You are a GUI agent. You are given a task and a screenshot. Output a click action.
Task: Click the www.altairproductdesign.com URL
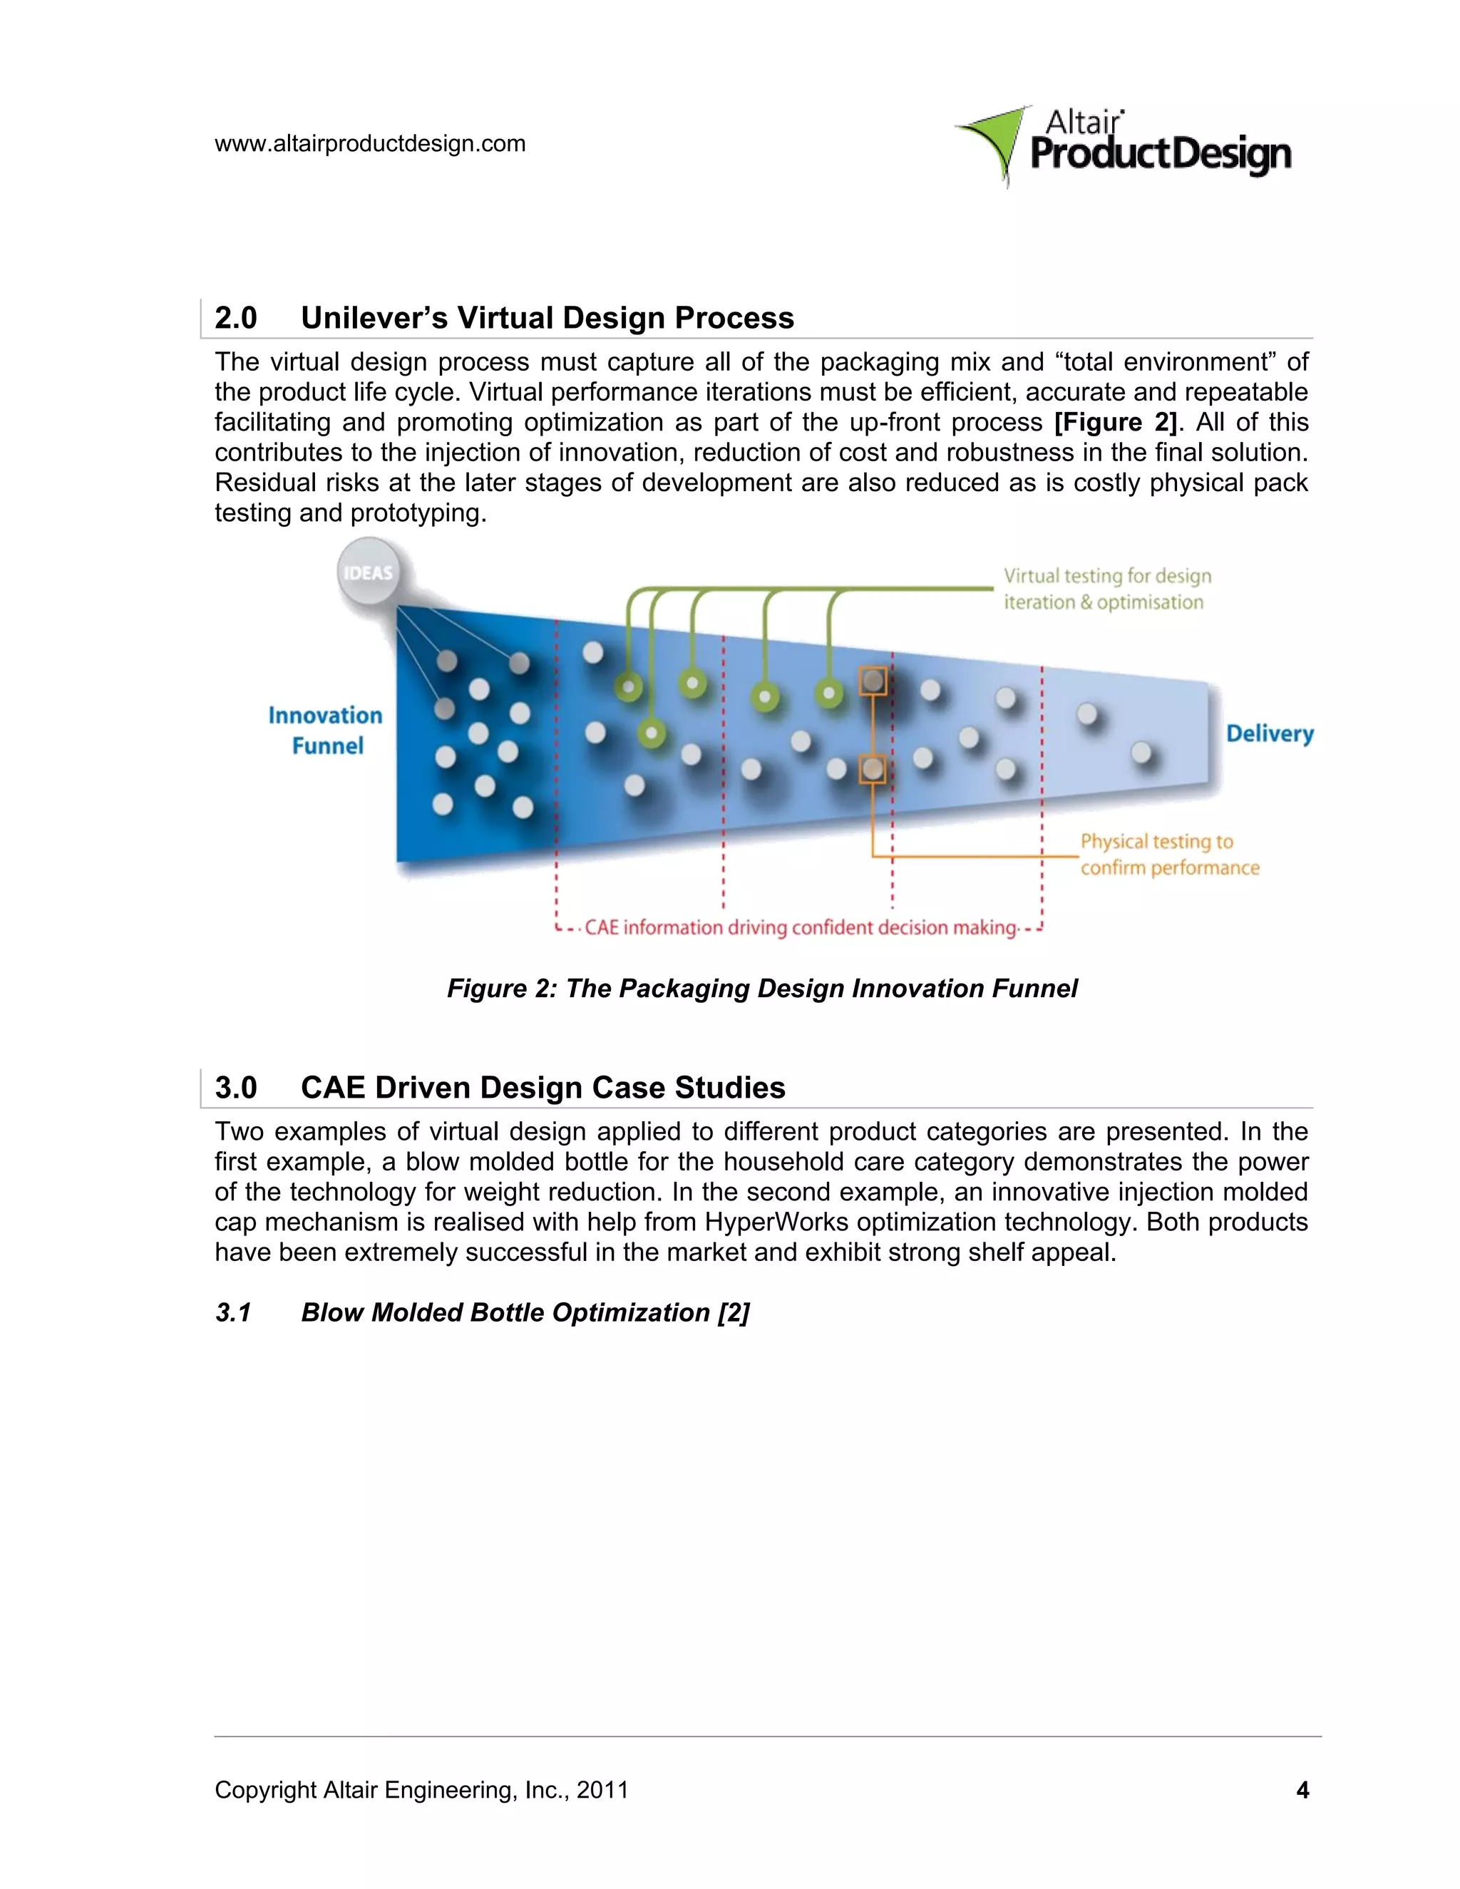pyautogui.click(x=369, y=143)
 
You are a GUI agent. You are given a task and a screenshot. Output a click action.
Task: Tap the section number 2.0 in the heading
pyautogui.click(x=235, y=319)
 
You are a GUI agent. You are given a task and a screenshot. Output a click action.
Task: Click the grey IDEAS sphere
pyautogui.click(x=369, y=572)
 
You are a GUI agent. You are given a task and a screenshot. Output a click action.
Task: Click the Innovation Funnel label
pyautogui.click(x=325, y=731)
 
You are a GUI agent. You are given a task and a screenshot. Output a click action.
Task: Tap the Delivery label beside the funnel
pyautogui.click(x=1269, y=734)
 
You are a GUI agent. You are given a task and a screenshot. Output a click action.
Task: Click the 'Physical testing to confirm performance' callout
pyautogui.click(x=1168, y=855)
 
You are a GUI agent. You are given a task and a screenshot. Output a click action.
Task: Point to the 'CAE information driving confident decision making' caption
pyautogui.click(x=800, y=928)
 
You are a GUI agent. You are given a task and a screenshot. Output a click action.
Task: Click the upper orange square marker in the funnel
pyautogui.click(x=873, y=681)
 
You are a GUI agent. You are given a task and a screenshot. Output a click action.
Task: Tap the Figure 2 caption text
pyautogui.click(x=761, y=989)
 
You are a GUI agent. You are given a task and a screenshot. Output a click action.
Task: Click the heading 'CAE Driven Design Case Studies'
pyautogui.click(x=543, y=1087)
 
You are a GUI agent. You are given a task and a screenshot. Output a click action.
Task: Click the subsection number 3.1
pyautogui.click(x=232, y=1312)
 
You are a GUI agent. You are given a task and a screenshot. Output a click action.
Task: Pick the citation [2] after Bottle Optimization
pyautogui.click(x=734, y=1312)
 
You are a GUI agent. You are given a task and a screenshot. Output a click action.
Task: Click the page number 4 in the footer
pyautogui.click(x=1302, y=1789)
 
